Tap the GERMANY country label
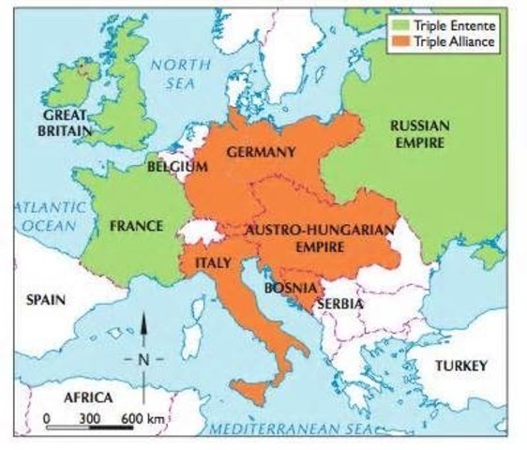click(x=261, y=151)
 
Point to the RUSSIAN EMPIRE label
click(x=419, y=133)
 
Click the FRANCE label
click(x=136, y=226)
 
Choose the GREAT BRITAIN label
click(x=64, y=124)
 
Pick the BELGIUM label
click(x=177, y=167)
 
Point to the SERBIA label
click(x=339, y=304)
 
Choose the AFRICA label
click(x=87, y=397)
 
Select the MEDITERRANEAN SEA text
click(x=291, y=427)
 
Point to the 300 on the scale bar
click(x=89, y=416)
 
